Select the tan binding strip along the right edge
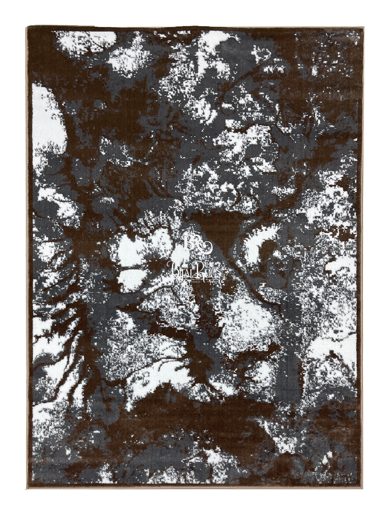(x=360, y=258)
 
